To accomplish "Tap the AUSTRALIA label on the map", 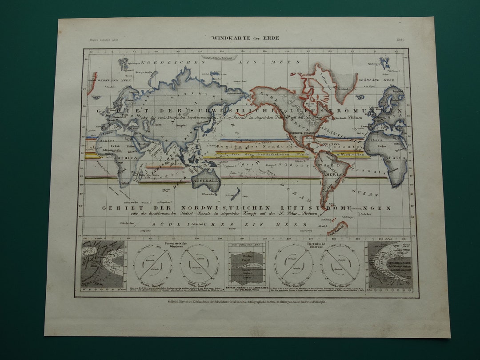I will [206, 181].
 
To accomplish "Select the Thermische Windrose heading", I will [318, 244].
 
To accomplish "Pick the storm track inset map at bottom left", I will [103, 264].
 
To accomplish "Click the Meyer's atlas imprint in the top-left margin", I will [100, 40].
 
